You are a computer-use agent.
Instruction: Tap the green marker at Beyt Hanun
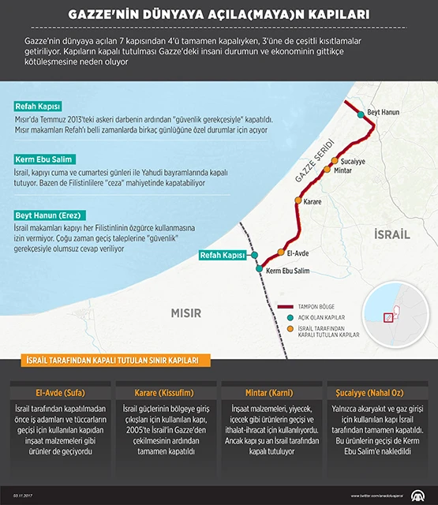point(361,115)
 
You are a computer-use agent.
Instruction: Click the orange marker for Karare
point(298,200)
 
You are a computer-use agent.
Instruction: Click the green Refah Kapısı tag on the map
point(223,256)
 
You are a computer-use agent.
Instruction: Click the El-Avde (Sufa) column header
point(60,391)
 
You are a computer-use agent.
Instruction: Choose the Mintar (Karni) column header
point(273,391)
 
